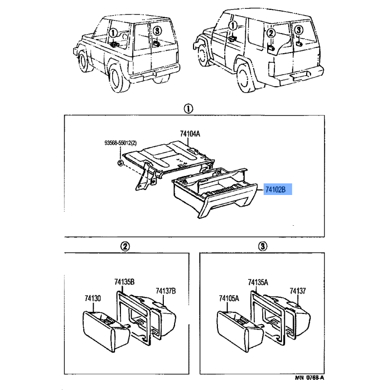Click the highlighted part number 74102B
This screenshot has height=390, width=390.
275,190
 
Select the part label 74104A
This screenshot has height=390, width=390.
190,134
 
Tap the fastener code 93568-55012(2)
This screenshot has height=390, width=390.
120,143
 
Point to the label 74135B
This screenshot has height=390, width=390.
124,282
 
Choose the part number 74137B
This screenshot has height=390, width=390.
166,291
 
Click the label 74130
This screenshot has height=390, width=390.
93,298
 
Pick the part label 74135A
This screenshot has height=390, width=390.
258,282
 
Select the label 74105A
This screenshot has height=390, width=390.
229,298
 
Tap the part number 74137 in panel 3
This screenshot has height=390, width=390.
298,291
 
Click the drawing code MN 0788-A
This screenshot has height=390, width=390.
310,377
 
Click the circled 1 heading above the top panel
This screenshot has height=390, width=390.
188,109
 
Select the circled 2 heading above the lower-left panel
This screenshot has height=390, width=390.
125,247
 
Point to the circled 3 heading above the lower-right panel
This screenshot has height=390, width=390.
263,247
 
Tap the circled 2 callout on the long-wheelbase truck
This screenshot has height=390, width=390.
271,33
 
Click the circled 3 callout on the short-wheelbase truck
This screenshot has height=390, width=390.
157,31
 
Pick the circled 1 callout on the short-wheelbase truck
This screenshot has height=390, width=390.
113,33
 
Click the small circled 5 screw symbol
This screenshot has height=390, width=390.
120,163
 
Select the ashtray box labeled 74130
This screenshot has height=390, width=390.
106,331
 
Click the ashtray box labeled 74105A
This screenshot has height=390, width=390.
239,331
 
